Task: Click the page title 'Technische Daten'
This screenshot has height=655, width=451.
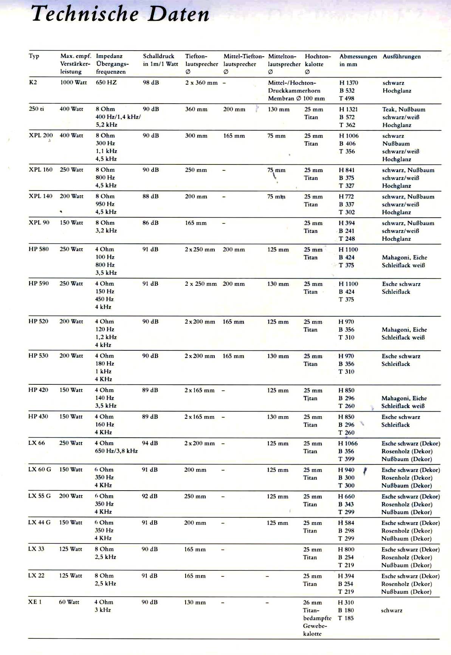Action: pyautogui.click(x=120, y=14)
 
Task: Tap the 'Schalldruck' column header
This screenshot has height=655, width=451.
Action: pyautogui.click(x=158, y=56)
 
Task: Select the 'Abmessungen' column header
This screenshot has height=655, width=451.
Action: pyautogui.click(x=358, y=56)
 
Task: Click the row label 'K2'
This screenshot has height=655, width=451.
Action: pyautogui.click(x=33, y=82)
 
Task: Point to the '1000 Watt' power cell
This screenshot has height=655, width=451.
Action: pyautogui.click(x=73, y=82)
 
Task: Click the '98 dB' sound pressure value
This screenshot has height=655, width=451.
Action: pyautogui.click(x=151, y=82)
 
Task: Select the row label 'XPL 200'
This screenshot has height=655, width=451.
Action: pyautogui.click(x=41, y=135)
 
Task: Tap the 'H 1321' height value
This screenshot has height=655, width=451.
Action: pyautogui.click(x=348, y=109)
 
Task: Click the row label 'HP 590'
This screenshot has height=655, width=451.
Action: pyautogui.click(x=39, y=283)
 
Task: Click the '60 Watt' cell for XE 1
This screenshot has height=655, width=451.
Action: pyautogui.click(x=69, y=602)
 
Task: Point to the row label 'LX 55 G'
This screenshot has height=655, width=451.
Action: pyautogui.click(x=39, y=496)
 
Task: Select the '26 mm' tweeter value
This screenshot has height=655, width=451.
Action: pyautogui.click(x=312, y=602)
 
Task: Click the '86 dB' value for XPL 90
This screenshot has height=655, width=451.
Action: pyautogui.click(x=150, y=223)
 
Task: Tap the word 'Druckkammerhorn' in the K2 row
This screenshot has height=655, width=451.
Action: pyautogui.click(x=294, y=91)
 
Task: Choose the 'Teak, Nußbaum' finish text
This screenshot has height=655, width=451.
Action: pyautogui.click(x=403, y=109)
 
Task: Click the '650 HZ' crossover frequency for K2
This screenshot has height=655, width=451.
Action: pyautogui.click(x=106, y=82)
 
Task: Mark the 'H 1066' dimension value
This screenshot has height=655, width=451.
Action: pyautogui.click(x=348, y=443)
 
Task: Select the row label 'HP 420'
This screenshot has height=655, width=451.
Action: pyautogui.click(x=38, y=390)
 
